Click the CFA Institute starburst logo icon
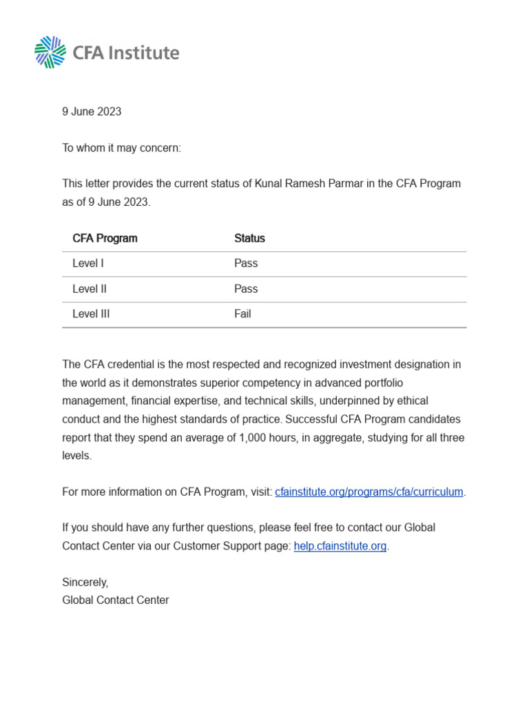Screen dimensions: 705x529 [x=50, y=52]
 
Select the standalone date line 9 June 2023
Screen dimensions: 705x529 [x=92, y=112]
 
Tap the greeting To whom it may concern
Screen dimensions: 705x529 [x=121, y=148]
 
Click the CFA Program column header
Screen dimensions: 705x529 [x=105, y=238]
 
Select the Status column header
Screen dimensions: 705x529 [x=249, y=238]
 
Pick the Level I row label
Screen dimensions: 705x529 [x=88, y=263]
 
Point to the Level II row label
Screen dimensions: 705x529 [x=90, y=288]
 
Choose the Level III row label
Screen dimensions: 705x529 [x=91, y=314]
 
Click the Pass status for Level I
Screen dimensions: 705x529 [x=246, y=263]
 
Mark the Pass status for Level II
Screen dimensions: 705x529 [x=246, y=288]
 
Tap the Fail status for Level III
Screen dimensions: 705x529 [x=242, y=314]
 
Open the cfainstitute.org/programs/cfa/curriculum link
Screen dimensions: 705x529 [x=369, y=492]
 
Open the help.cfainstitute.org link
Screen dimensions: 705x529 [x=340, y=546]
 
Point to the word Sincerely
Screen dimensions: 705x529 [x=85, y=582]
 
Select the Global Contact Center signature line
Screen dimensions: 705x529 [x=115, y=600]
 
